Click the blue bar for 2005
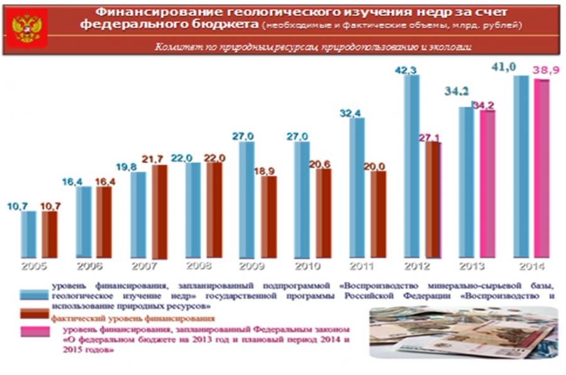[x=29, y=234]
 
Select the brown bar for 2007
[x=160, y=211]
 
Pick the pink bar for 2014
[x=541, y=168]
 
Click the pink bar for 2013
[x=487, y=184]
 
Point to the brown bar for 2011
[x=379, y=214]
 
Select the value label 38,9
[x=545, y=71]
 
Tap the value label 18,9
[x=269, y=171]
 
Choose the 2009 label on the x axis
[x=251, y=266]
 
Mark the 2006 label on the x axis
[x=89, y=266]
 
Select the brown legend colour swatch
[x=35, y=313]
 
